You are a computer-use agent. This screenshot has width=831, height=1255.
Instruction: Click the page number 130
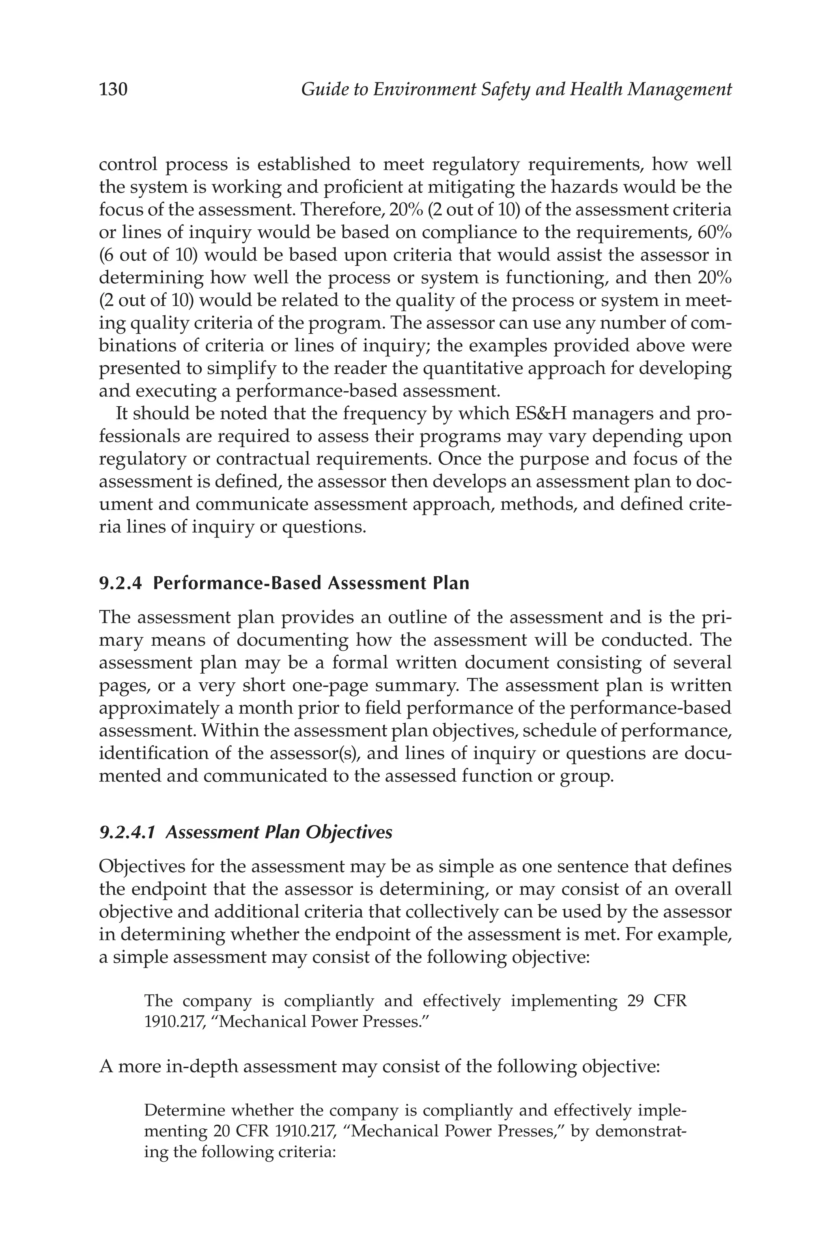pyautogui.click(x=114, y=89)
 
